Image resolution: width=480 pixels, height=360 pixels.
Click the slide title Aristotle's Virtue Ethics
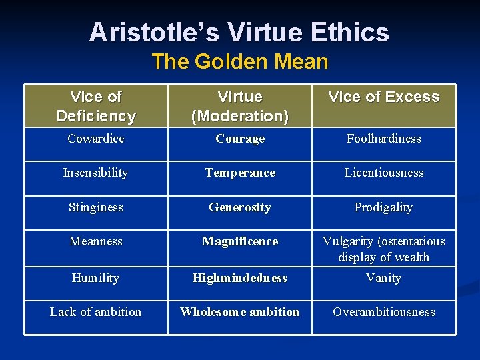pyautogui.click(x=239, y=32)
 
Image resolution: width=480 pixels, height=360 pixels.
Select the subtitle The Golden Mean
pyautogui.click(x=239, y=62)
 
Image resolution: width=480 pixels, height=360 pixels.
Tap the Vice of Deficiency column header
pyautogui.click(x=96, y=106)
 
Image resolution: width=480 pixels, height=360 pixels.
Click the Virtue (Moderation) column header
pyautogui.click(x=240, y=106)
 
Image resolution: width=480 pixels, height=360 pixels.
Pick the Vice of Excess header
pyautogui.click(x=384, y=97)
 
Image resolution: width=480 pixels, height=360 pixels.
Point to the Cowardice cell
pyautogui.click(x=96, y=139)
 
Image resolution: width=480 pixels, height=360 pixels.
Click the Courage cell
pyautogui.click(x=240, y=139)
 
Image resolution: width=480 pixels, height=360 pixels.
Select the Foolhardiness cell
pyautogui.click(x=384, y=139)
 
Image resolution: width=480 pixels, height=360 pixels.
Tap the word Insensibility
pyautogui.click(x=95, y=173)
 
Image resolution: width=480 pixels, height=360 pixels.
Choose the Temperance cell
pyautogui.click(x=240, y=173)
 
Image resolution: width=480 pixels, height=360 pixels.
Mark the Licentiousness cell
pyautogui.click(x=384, y=173)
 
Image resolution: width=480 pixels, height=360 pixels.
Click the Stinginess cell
pyautogui.click(x=96, y=207)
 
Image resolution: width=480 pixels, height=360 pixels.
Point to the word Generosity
pyautogui.click(x=240, y=207)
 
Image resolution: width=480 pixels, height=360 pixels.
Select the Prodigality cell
pyautogui.click(x=384, y=207)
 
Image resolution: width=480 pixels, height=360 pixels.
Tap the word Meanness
pyautogui.click(x=96, y=241)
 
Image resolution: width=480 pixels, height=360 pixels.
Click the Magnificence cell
pyautogui.click(x=240, y=241)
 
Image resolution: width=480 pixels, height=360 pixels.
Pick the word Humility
pyautogui.click(x=96, y=278)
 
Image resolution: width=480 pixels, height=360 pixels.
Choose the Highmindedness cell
pyautogui.click(x=240, y=278)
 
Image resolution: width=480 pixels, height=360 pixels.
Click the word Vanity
pyautogui.click(x=384, y=278)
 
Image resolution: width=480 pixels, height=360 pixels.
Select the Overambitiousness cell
pyautogui.click(x=384, y=312)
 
